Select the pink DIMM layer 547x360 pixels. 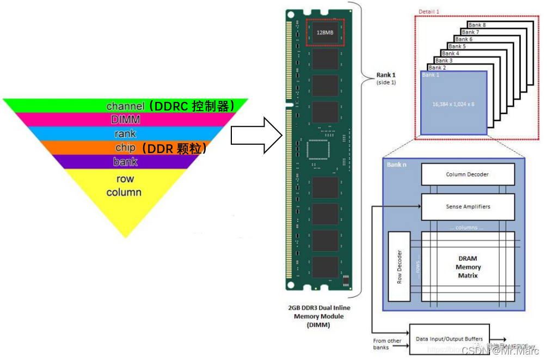pyautogui.click(x=125, y=119)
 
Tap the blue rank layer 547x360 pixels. pyautogui.click(x=125, y=133)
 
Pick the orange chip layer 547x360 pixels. pyautogui.click(x=125, y=148)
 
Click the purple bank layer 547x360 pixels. pyautogui.click(x=125, y=162)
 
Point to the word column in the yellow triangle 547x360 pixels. pyautogui.click(x=124, y=192)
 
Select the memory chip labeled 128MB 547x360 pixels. pyautogui.click(x=325, y=32)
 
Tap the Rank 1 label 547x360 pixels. pyautogui.click(x=386, y=75)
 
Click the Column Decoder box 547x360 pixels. pyautogui.click(x=468, y=174)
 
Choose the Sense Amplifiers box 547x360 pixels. pyautogui.click(x=468, y=207)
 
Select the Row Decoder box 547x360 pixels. pyautogui.click(x=400, y=267)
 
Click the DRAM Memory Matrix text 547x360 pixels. pyautogui.click(x=468, y=267)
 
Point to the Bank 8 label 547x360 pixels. pyautogui.click(x=477, y=25)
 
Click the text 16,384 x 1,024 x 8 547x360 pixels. pyautogui.click(x=453, y=104)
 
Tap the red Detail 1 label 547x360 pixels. pyautogui.click(x=429, y=11)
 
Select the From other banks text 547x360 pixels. pyautogui.click(x=388, y=344)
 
